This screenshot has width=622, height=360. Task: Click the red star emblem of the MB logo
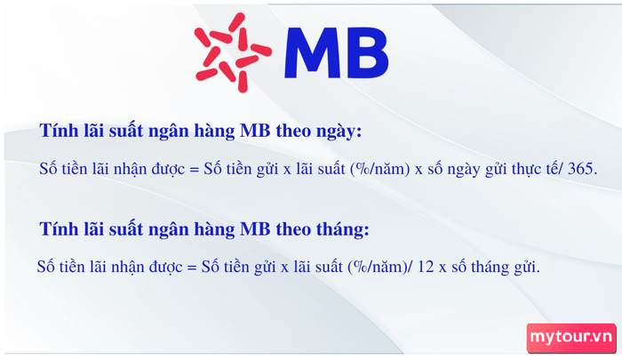pyautogui.click(x=233, y=52)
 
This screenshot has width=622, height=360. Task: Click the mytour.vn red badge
pyautogui.click(x=571, y=338)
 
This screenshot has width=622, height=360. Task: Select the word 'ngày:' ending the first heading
pyautogui.click(x=339, y=132)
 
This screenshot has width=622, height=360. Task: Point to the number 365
pyautogui.click(x=582, y=169)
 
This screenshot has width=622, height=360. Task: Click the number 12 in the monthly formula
pyautogui.click(x=426, y=267)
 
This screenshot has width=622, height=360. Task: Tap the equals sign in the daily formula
pyautogui.click(x=194, y=170)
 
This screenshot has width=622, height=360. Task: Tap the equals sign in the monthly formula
pyautogui.click(x=192, y=268)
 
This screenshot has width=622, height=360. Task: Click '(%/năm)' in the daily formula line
pyautogui.click(x=379, y=169)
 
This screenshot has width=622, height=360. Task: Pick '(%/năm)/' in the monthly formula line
pyautogui.click(x=380, y=267)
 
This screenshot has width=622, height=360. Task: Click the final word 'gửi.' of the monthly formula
pyautogui.click(x=527, y=268)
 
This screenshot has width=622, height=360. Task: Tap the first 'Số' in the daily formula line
pyautogui.click(x=48, y=169)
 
